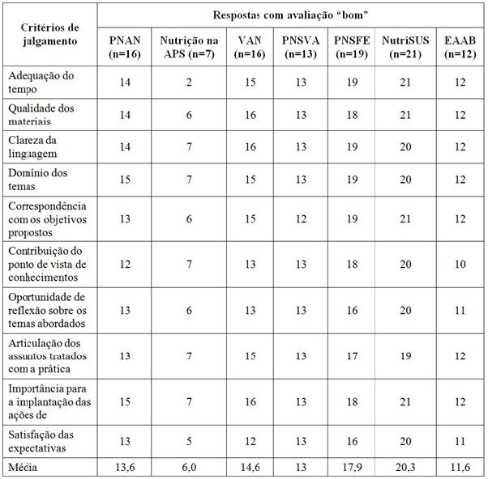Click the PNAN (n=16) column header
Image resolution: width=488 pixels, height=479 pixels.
(124, 46)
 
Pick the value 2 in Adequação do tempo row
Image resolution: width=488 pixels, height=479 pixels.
(186, 82)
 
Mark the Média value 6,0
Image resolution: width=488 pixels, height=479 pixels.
(186, 467)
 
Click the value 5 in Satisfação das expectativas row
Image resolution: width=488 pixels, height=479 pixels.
(186, 441)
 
